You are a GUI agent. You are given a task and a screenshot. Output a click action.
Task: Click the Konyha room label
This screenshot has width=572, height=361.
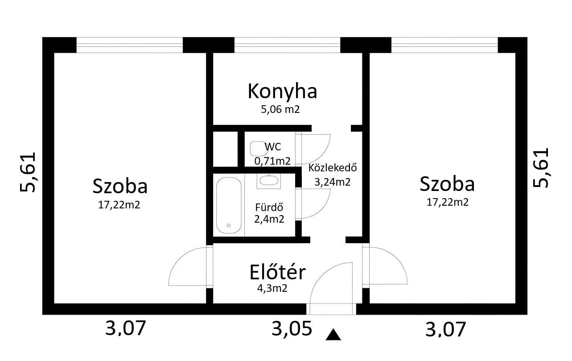click(282, 91)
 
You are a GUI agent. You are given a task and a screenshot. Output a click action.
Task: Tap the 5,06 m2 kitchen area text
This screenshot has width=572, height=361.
click(280, 109)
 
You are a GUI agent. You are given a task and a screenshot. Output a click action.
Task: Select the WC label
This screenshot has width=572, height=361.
click(273, 146)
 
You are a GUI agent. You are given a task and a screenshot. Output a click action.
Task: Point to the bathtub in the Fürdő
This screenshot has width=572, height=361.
click(229, 205)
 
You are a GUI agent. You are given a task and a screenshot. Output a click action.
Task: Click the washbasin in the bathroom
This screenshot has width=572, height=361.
click(269, 181)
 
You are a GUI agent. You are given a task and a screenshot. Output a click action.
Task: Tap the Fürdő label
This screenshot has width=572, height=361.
click(269, 207)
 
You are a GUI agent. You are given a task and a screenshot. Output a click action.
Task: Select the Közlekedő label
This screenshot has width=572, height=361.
click(333, 168)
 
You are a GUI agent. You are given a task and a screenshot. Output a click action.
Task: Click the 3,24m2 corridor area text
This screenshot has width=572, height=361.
click(332, 182)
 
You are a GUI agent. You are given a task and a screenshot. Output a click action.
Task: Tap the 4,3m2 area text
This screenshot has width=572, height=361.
click(272, 288)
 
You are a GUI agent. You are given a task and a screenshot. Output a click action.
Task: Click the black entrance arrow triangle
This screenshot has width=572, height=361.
click(333, 335)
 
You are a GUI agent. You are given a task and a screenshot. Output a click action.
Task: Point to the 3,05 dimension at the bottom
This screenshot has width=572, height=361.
click(292, 328)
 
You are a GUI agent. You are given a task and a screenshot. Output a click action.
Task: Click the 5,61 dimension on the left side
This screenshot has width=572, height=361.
click(28, 172)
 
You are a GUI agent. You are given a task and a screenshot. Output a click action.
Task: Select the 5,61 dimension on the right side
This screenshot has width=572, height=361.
click(541, 167)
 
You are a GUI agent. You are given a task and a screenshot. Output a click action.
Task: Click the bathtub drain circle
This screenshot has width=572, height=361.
click(229, 225)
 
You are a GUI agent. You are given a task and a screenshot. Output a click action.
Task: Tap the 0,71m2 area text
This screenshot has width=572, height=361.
click(272, 161)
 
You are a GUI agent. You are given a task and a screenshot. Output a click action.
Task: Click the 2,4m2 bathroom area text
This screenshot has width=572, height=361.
click(269, 219)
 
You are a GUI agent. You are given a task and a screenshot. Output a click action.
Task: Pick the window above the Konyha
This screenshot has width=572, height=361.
click(287, 45)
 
